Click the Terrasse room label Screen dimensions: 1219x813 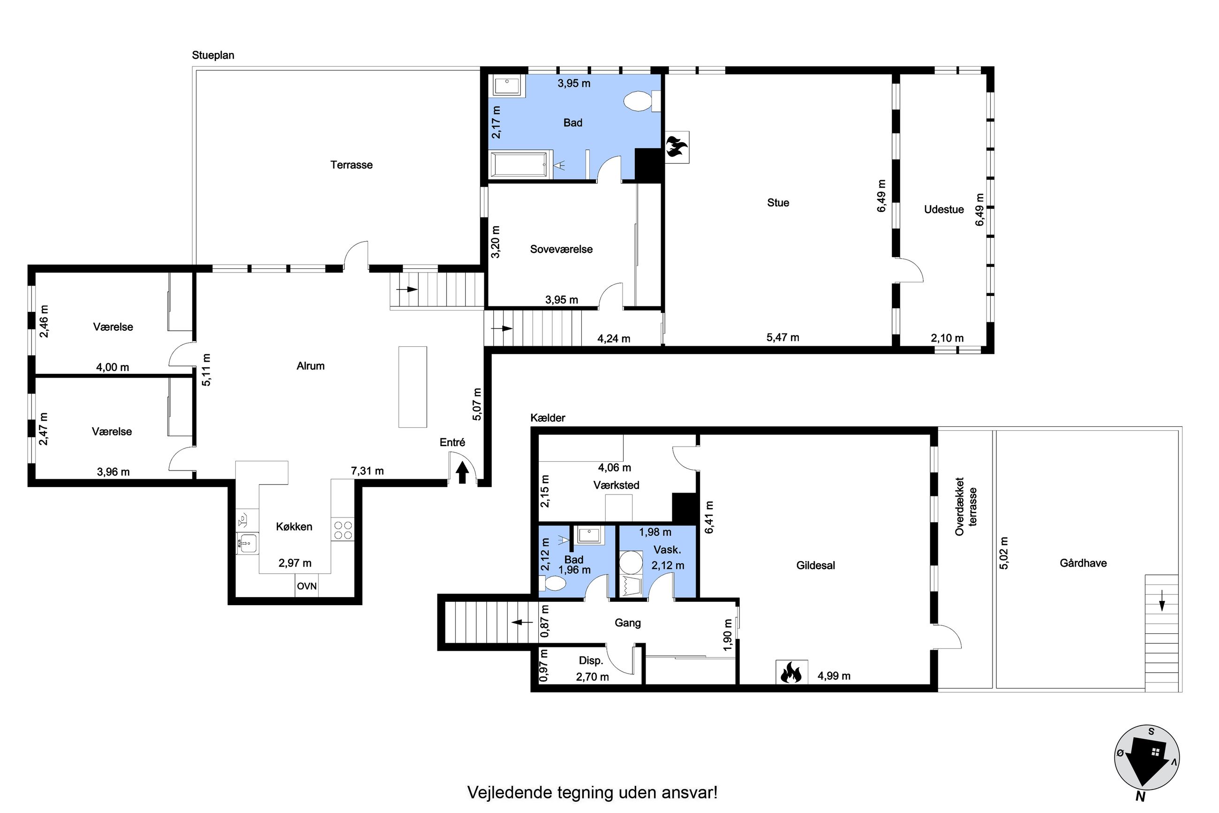tap(351, 165)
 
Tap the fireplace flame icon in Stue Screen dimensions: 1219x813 tap(677, 147)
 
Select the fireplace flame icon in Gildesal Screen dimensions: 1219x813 tap(791, 672)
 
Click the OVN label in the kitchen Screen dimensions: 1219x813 tap(306, 586)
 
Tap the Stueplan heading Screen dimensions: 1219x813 tap(213, 55)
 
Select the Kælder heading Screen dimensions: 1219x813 tap(548, 418)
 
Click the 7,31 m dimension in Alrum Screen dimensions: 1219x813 tap(367, 471)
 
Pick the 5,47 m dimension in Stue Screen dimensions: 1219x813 tap(783, 338)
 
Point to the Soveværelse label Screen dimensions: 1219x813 tap(561, 250)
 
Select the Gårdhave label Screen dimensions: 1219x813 tap(1083, 563)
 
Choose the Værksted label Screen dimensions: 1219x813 tap(616, 485)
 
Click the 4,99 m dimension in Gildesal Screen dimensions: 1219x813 tap(834, 676)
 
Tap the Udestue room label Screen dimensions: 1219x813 tap(944, 210)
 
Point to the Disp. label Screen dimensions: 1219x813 tap(591, 661)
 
